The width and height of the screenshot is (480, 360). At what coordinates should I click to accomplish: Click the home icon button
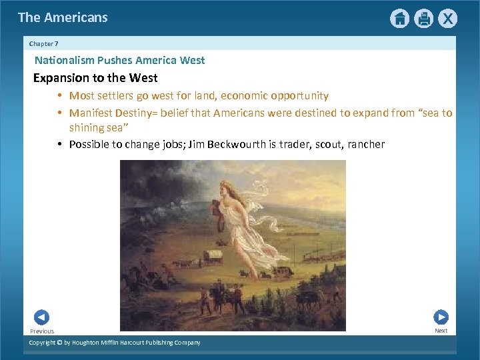tap(399, 19)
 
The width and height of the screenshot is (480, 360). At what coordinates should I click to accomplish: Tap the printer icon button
tap(423, 19)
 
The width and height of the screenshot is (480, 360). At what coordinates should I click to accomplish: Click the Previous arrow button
tap(41, 317)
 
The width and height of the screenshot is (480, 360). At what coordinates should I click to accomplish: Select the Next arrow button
tap(441, 317)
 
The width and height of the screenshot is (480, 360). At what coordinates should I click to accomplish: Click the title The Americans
tap(63, 18)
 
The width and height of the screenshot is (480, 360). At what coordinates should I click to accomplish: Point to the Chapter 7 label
tap(44, 43)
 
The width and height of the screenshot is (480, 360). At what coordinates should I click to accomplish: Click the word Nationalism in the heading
tap(64, 61)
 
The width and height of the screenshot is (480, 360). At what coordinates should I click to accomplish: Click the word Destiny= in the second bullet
tap(136, 113)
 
